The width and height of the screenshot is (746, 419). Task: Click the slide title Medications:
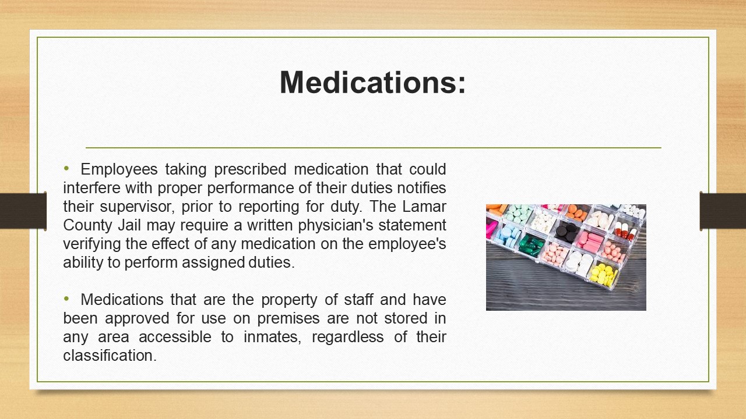coord(372,83)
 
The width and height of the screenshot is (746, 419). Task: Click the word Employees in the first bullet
coord(119,169)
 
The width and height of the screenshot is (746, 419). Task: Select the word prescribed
coord(250,169)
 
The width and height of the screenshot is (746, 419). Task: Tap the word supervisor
coord(137,207)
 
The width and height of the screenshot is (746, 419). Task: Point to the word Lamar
coord(424,207)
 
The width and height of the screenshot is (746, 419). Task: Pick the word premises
coord(288,318)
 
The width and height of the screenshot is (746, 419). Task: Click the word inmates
coord(272,337)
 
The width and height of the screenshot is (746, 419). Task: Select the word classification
coord(110,356)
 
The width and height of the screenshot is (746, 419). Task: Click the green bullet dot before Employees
coord(66,169)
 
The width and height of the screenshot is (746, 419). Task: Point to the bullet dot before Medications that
coord(66,299)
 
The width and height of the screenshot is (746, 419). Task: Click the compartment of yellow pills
coord(603,275)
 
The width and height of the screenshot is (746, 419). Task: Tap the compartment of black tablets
coord(566,231)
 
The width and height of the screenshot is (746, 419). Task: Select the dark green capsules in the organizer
coord(531,246)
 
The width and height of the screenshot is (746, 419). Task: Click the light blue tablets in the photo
coord(506,235)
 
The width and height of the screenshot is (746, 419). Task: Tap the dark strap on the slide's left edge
coord(23,211)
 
